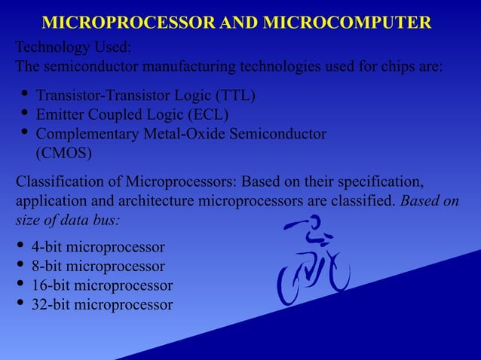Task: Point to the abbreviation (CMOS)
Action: click(64, 153)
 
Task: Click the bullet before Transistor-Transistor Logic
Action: click(24, 95)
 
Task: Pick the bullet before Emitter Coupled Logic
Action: click(24, 114)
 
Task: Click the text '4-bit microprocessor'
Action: click(97, 247)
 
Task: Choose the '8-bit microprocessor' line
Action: click(97, 266)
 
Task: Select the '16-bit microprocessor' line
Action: click(101, 285)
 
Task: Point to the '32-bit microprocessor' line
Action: click(101, 304)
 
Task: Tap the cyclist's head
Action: click(314, 221)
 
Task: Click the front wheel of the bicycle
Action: click(336, 272)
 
